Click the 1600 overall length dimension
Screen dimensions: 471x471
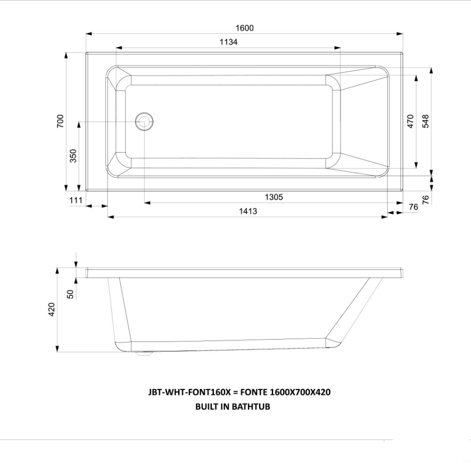[x=244, y=28]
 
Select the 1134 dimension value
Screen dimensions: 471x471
[x=228, y=42]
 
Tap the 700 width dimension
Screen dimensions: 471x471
[x=60, y=121]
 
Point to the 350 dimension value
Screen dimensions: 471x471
[x=73, y=156]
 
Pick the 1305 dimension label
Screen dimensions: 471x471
[x=274, y=197]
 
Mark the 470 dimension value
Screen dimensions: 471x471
[x=411, y=121]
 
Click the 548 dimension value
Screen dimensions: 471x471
[x=425, y=121]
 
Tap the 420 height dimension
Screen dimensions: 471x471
[x=52, y=310]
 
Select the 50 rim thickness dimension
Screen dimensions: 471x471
[x=71, y=293]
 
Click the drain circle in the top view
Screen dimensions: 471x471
[x=144, y=121]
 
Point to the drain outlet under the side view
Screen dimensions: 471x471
[x=144, y=354]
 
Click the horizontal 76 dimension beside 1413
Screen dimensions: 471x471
[x=413, y=207]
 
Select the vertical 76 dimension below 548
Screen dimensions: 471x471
[x=425, y=199]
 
